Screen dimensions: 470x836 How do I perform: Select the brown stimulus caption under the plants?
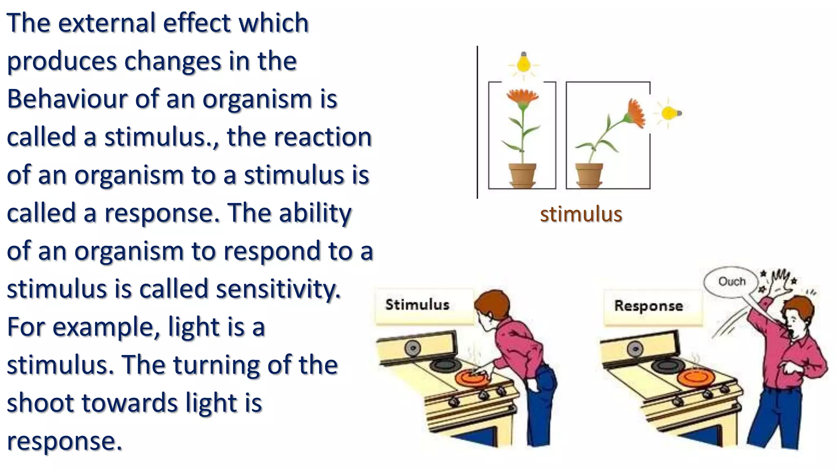pos(581,215)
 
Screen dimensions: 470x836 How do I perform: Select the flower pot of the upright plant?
pos(522,175)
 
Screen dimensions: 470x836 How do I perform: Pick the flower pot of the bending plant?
pos(589,175)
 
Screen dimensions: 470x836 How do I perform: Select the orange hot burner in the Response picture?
pos(696,377)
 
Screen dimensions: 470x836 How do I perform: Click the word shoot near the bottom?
pos(40,403)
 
